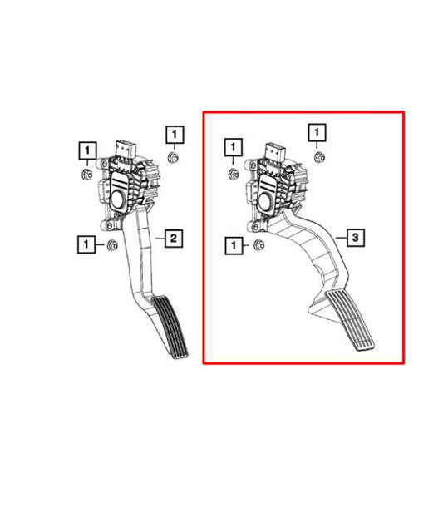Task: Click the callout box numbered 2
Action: point(172,239)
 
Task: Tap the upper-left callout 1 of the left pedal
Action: point(86,150)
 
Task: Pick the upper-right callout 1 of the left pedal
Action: point(174,133)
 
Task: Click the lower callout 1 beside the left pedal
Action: point(86,244)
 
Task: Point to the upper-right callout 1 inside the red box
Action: point(317,132)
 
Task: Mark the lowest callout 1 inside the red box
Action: point(234,244)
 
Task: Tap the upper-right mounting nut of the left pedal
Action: point(173,157)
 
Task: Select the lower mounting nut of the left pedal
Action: point(111,244)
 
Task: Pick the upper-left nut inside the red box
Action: point(235,172)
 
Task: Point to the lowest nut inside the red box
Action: point(258,244)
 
